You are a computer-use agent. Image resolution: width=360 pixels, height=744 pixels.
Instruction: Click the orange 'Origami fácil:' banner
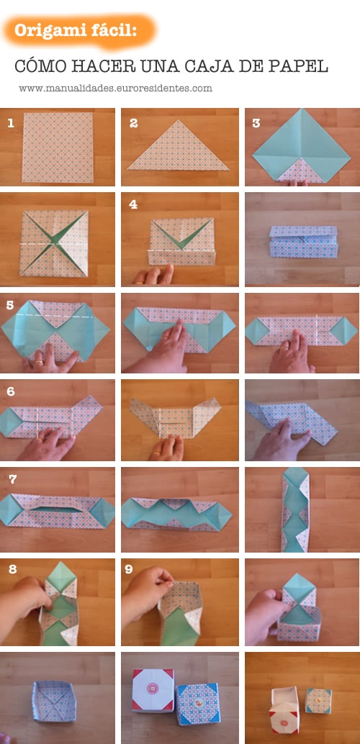click(78, 31)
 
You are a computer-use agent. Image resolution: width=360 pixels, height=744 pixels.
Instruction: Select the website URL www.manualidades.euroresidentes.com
click(115, 89)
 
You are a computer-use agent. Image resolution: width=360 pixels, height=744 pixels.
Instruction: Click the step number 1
click(11, 123)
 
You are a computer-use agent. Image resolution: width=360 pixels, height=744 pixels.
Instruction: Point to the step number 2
click(133, 123)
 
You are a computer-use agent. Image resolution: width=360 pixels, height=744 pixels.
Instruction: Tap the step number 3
click(256, 123)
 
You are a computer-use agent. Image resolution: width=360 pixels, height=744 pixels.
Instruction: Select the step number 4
click(133, 205)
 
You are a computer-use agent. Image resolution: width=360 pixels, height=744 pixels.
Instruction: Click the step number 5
click(10, 305)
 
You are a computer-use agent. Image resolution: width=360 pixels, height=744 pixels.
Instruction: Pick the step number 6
click(11, 392)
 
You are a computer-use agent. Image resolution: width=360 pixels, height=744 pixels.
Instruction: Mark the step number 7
click(12, 479)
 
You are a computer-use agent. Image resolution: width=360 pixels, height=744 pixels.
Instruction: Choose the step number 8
click(12, 569)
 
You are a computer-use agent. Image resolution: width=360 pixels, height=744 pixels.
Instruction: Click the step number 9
click(129, 569)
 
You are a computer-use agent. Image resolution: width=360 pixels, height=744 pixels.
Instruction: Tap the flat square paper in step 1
click(58, 148)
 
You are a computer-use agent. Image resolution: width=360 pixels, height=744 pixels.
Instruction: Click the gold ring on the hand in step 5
click(39, 363)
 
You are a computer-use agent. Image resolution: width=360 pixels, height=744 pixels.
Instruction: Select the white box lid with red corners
click(153, 690)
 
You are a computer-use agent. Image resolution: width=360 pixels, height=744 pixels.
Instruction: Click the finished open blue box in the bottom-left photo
click(54, 701)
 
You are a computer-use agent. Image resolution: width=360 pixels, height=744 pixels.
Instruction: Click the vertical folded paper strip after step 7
click(295, 509)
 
